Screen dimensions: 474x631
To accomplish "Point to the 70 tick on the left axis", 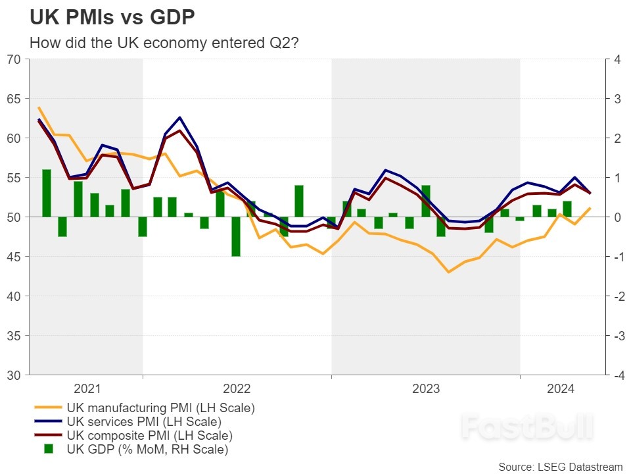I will pyautogui.click(x=14, y=59).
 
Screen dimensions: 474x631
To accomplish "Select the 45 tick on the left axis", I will pyautogui.click(x=14, y=257).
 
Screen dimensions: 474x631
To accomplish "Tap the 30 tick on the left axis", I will pyautogui.click(x=14, y=375).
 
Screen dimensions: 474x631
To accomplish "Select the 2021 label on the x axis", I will pyautogui.click(x=87, y=388).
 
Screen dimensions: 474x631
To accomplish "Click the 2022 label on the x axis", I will pyautogui.click(x=237, y=388).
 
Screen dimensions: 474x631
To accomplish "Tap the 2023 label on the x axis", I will pyautogui.click(x=425, y=388).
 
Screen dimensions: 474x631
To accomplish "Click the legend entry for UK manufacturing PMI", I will pyautogui.click(x=160, y=408).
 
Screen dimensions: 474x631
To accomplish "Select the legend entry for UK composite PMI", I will pyautogui.click(x=149, y=435).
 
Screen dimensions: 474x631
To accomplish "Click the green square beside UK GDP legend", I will pyautogui.click(x=48, y=449).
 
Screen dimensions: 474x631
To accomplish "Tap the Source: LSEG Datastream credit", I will pyautogui.click(x=560, y=466).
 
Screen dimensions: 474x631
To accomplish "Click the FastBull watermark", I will pyautogui.click(x=526, y=427).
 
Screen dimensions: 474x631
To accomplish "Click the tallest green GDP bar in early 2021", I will pyautogui.click(x=47, y=193).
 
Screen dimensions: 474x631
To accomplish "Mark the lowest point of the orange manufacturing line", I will pyautogui.click(x=448, y=272).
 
